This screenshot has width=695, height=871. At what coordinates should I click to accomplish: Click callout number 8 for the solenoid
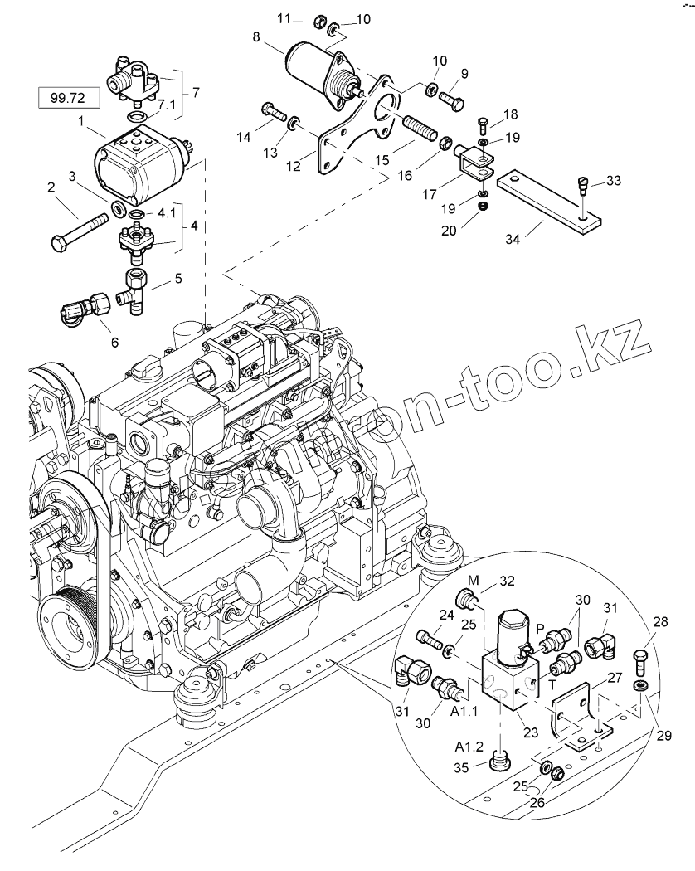[255, 36]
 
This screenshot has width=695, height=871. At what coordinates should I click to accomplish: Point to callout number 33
[612, 180]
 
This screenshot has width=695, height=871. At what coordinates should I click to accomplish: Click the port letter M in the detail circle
[472, 577]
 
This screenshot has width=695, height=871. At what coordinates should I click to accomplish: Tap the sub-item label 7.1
[166, 106]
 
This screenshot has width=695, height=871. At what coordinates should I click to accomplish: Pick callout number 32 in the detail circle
[507, 581]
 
